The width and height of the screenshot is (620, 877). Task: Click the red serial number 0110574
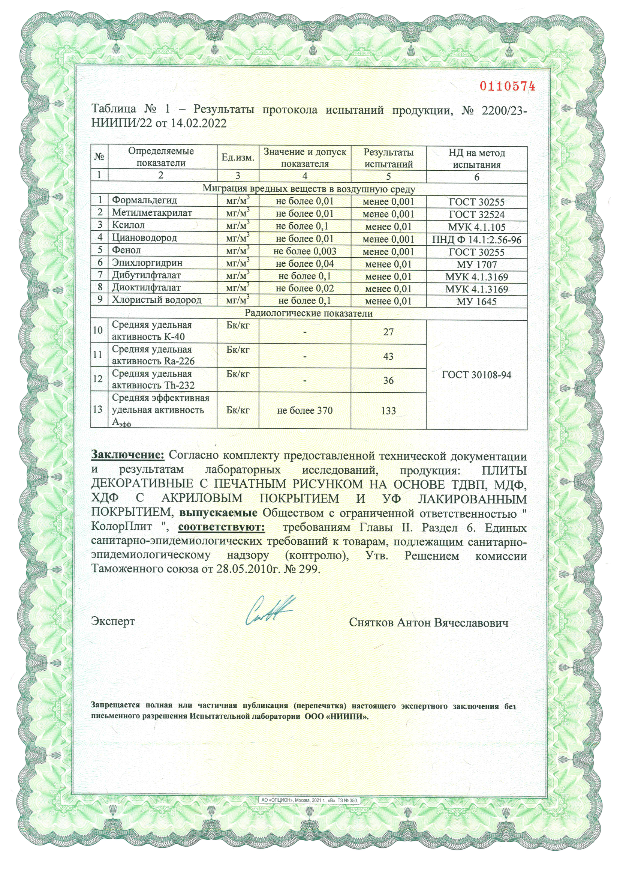click(507, 86)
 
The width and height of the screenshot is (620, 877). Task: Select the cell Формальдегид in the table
click(144, 200)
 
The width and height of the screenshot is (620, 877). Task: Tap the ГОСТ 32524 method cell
click(476, 214)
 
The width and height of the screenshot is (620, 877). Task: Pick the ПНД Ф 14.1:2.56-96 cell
click(476, 240)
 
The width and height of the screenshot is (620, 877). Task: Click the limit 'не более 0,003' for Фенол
click(305, 251)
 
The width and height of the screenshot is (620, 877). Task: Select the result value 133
click(388, 411)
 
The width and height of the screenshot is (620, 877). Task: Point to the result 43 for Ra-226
click(388, 356)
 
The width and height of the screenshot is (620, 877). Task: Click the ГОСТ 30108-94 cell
click(476, 375)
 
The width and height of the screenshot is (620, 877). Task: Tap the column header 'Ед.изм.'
click(238, 158)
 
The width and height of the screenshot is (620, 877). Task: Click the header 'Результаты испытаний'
click(388, 158)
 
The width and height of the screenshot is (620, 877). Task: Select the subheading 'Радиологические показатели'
click(309, 313)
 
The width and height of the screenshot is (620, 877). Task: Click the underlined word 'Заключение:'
click(127, 455)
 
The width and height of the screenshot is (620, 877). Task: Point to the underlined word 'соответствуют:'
click(221, 527)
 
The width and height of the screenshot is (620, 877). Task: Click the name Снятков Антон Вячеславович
click(428, 622)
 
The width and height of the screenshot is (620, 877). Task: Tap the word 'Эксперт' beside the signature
click(112, 621)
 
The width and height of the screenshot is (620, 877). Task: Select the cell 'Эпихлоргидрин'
click(147, 263)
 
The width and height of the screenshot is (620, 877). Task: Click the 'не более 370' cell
click(305, 411)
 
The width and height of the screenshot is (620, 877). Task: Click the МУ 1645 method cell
click(476, 301)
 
